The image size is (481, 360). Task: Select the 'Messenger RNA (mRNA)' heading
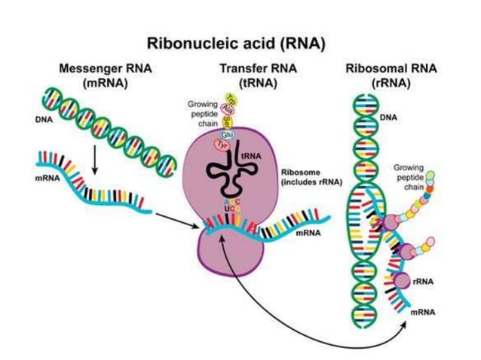(x=105, y=75)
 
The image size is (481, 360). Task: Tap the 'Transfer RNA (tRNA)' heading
(x=250, y=75)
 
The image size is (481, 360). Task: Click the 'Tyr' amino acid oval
(x=202, y=144)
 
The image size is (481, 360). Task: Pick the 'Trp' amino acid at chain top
(x=231, y=99)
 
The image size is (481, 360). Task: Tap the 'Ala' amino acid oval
(x=226, y=110)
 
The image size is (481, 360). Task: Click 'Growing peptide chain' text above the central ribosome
(x=203, y=113)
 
